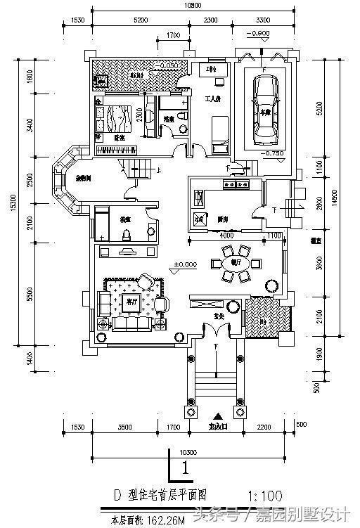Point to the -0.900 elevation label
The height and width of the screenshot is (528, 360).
click(x=259, y=34)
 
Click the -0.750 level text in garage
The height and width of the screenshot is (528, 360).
click(x=271, y=153)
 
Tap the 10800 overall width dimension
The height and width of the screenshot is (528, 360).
click(x=184, y=6)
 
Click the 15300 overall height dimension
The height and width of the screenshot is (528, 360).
click(x=13, y=204)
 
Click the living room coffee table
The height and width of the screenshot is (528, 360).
click(x=130, y=303)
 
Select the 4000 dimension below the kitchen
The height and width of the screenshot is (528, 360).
click(x=226, y=236)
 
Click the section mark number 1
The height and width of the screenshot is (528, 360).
click(x=184, y=467)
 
